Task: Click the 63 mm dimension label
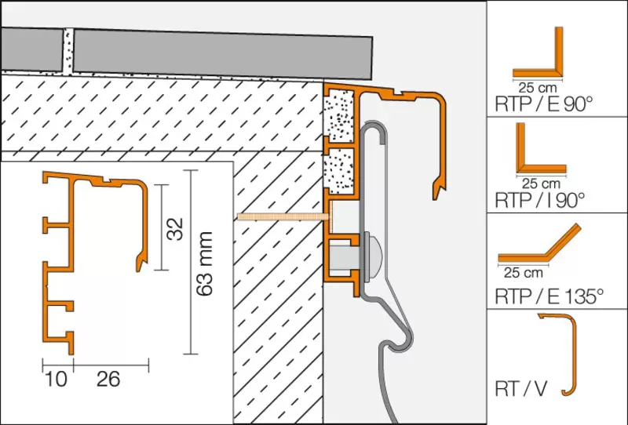(204, 263)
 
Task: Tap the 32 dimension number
(175, 229)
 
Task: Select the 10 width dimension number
(56, 379)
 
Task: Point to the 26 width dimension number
(108, 379)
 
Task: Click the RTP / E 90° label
(543, 104)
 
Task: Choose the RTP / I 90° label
(540, 200)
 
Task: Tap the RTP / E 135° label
(549, 296)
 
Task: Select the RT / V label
(521, 388)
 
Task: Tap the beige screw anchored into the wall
(283, 217)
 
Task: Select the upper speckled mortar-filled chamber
(339, 115)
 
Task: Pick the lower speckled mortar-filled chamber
(339, 169)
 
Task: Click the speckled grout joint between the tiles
(68, 51)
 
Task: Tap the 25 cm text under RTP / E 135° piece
(523, 273)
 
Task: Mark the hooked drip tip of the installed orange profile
(439, 191)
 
